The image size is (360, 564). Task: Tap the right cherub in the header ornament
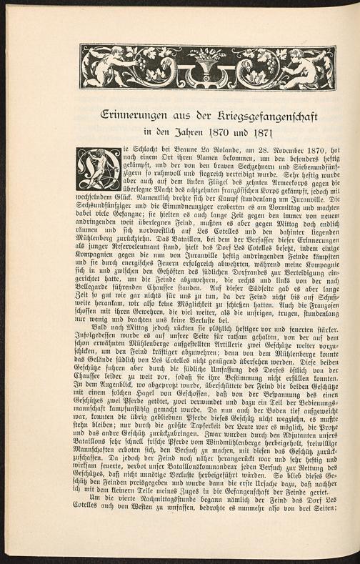307,66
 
